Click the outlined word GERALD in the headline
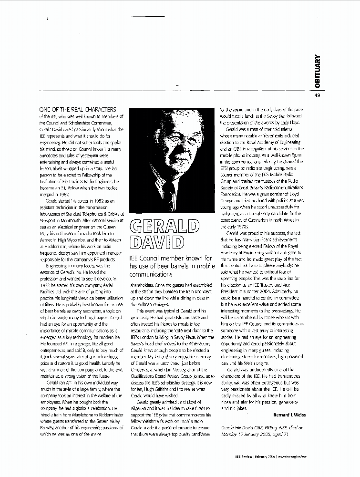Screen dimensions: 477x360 pos(165,226)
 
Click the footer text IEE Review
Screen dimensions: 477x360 pos(246,469)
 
